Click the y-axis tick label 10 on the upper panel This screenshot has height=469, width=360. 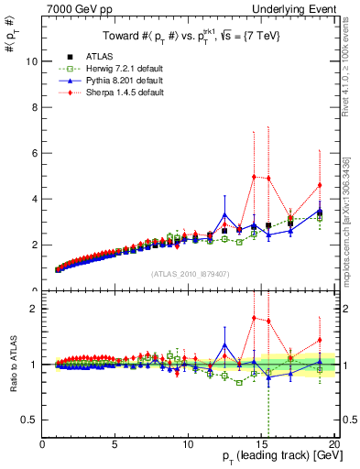(x=32, y=61)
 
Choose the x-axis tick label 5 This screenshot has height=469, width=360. (x=115, y=445)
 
